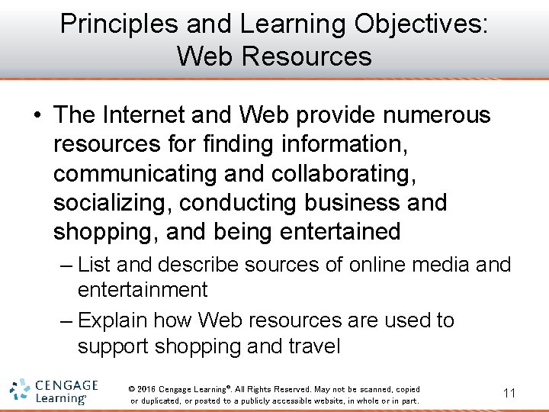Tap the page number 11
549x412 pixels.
point(509,393)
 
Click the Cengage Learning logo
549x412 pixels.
point(54,391)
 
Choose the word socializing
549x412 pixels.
point(111,202)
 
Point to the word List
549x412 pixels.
point(94,265)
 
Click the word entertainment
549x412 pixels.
point(142,290)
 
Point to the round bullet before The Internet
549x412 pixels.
point(36,116)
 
